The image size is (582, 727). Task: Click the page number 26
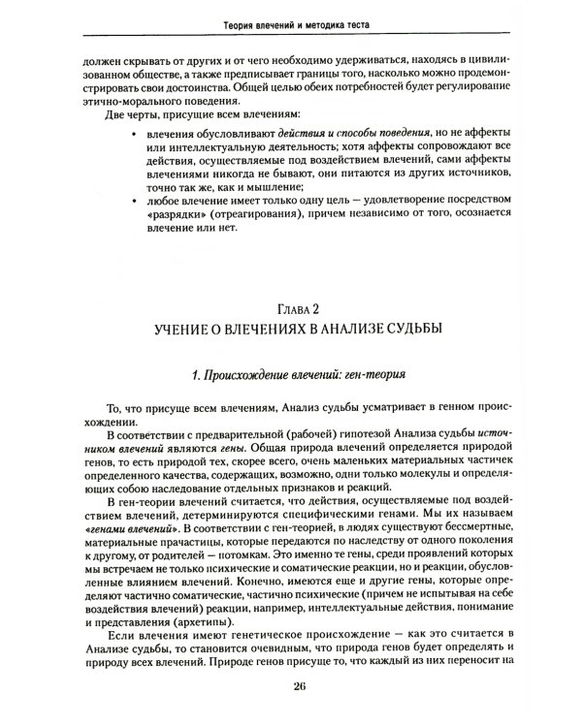298,687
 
